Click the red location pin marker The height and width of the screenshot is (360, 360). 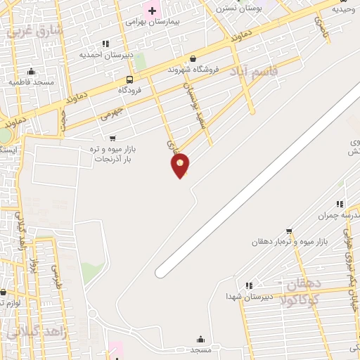180,165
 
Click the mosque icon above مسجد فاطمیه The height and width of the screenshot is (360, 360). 31,71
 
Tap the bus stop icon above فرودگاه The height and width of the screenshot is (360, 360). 129,79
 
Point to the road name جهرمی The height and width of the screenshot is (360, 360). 112,113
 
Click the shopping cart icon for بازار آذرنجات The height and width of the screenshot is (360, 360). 112,139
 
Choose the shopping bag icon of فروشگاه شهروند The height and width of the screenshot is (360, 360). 193,59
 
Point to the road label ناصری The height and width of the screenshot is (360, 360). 321,28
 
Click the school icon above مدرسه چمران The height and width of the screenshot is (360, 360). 340,204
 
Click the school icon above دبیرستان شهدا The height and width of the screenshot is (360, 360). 248,285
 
